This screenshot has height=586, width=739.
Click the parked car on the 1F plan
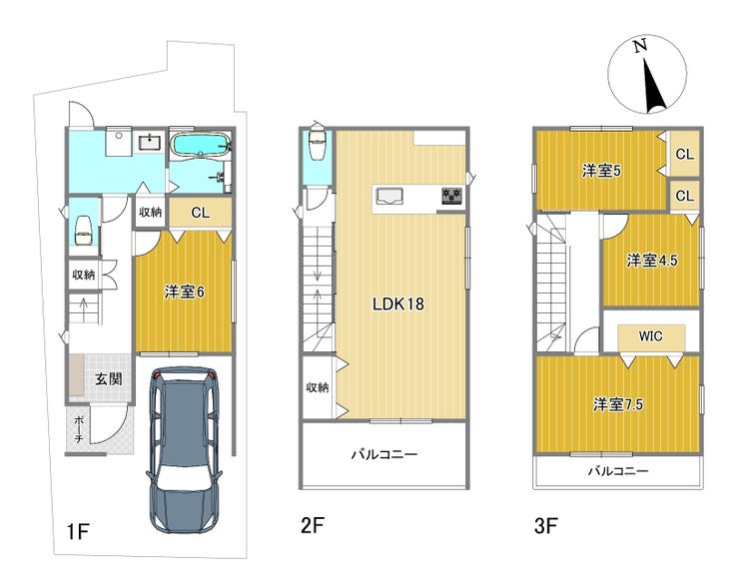tap(184, 450)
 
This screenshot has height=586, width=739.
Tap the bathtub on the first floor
tap(200, 144)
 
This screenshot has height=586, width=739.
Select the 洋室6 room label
tap(185, 293)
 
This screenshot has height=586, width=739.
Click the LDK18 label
tap(398, 304)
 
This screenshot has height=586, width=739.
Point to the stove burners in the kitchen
tap(452, 196)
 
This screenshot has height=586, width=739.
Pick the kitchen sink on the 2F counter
tap(388, 196)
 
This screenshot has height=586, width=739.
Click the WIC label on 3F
tap(650, 336)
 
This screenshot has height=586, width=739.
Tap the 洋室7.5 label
tap(618, 404)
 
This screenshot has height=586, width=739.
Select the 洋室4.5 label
tap(652, 260)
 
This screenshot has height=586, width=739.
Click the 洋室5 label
tap(601, 171)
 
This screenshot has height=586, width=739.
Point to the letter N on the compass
tap(639, 46)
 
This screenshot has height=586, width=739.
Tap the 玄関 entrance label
tap(109, 378)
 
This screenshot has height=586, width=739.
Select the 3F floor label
tap(546, 525)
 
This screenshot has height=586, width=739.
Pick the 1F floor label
tap(78, 532)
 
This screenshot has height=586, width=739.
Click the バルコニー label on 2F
tap(384, 454)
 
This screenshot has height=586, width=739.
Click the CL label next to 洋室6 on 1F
tap(201, 213)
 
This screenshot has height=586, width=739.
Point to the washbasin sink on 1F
tap(150, 141)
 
